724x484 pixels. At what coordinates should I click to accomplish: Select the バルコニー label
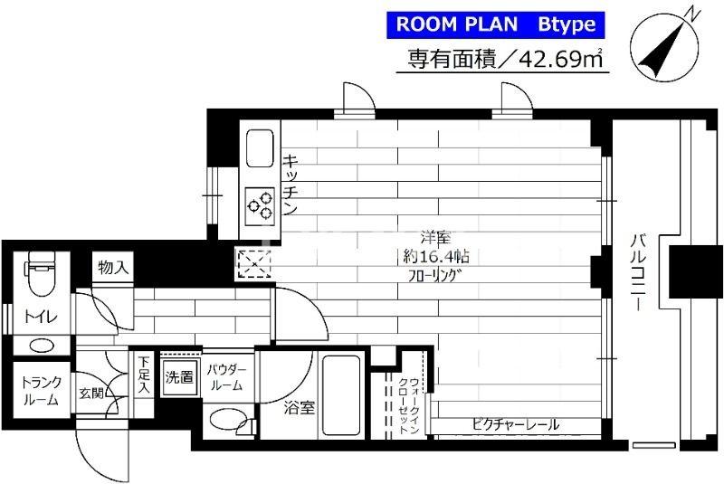[638, 271]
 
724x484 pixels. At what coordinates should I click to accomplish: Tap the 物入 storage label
[113, 267]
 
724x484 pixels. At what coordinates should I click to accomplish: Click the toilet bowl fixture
[39, 280]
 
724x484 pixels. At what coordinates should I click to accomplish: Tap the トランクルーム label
[40, 391]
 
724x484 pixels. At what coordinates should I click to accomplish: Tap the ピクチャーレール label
[514, 423]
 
